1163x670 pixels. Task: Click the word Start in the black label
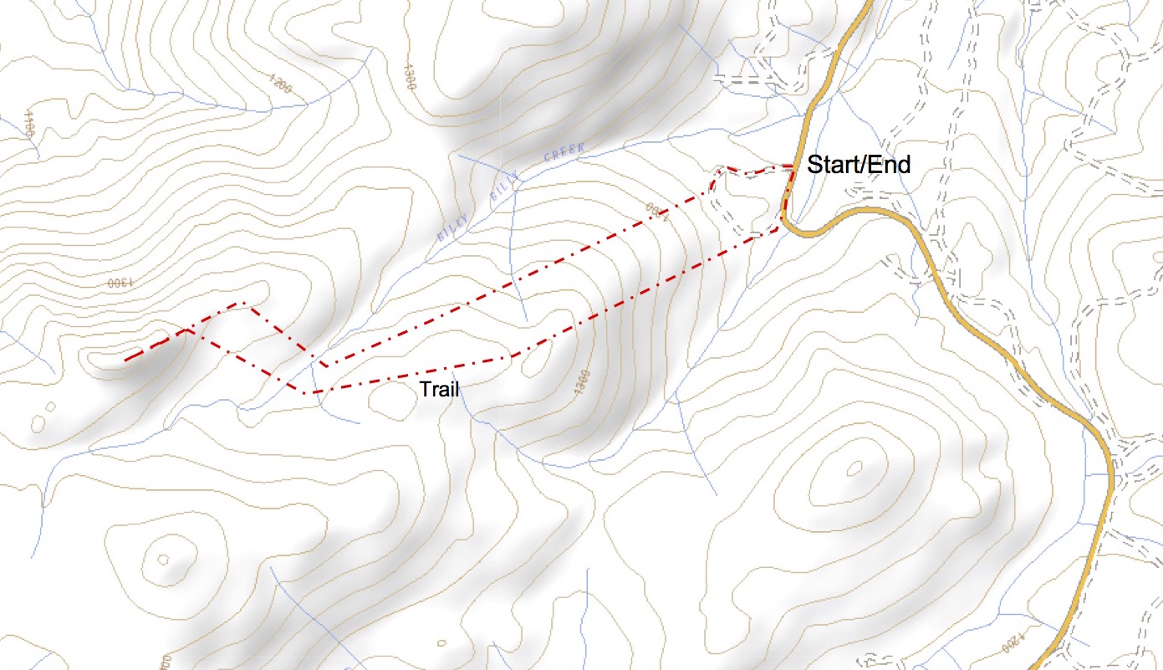pos(831,165)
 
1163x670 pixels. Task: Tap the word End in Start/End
pos(887,165)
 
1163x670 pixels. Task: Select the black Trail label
pos(440,389)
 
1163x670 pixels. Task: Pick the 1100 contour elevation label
pos(29,124)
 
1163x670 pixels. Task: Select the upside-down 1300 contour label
pos(120,283)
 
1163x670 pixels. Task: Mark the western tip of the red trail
pos(125,361)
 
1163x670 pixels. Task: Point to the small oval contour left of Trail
pos(390,402)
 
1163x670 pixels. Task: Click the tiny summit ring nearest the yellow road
pos(854,469)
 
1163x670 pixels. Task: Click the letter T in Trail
pos(424,389)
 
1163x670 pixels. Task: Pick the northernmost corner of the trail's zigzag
pos(243,303)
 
